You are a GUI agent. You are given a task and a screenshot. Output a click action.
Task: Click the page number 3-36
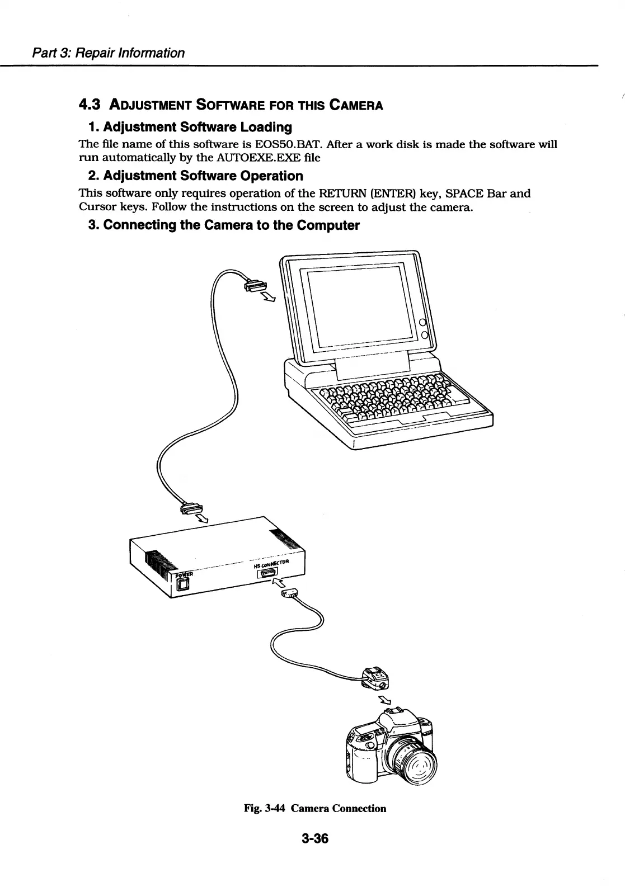pyautogui.click(x=314, y=838)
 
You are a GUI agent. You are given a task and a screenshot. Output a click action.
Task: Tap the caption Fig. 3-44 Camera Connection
pyautogui.click(x=314, y=808)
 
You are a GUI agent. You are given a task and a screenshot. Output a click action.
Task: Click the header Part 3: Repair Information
pyautogui.click(x=107, y=53)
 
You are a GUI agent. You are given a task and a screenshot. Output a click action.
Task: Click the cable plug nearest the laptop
pyautogui.click(x=255, y=288)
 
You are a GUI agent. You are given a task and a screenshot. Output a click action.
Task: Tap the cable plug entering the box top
pyautogui.click(x=189, y=508)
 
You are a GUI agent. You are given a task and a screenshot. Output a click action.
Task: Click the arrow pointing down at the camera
pyautogui.click(x=385, y=700)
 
